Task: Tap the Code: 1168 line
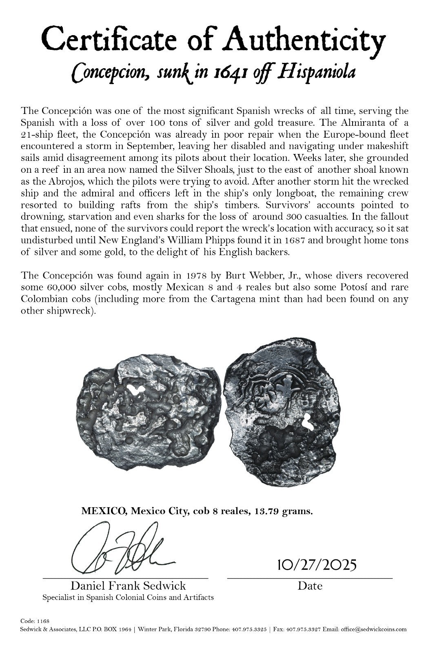tap(35, 621)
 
